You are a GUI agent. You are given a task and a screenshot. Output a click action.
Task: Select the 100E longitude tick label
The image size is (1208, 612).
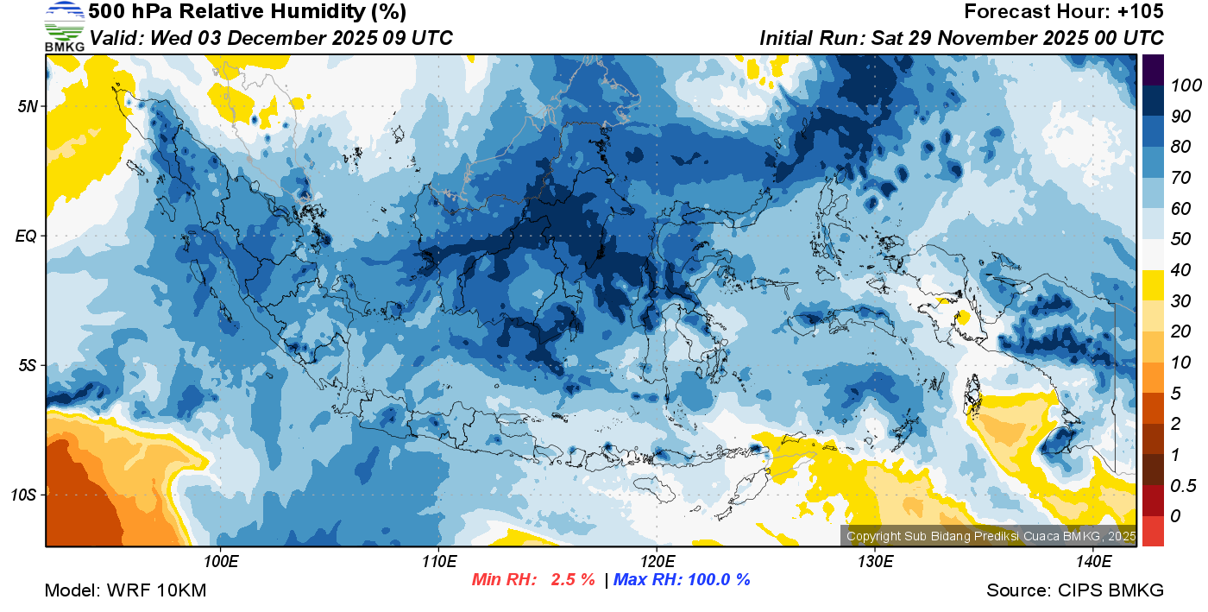tap(221, 562)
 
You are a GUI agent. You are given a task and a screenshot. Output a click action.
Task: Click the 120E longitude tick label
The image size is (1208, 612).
tap(657, 562)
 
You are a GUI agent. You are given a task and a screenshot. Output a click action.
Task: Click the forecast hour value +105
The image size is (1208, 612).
tap(1142, 12)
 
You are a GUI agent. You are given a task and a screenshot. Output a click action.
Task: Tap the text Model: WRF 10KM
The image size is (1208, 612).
tap(125, 590)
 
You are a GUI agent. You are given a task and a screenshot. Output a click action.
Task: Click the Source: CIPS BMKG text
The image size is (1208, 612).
tap(1075, 590)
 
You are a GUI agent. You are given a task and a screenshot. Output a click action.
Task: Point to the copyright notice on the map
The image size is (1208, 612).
tap(990, 536)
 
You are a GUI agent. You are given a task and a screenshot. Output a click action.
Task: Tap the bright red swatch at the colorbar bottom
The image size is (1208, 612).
tap(1153, 531)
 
